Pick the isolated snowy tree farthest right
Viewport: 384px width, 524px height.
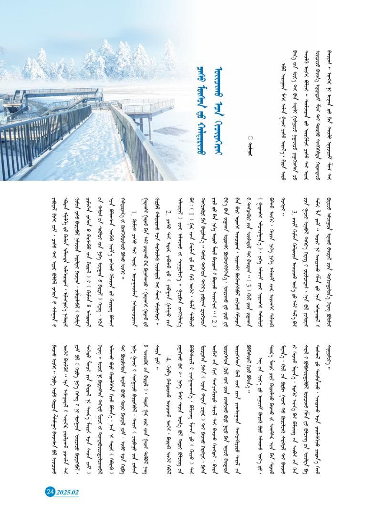click(169, 55)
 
